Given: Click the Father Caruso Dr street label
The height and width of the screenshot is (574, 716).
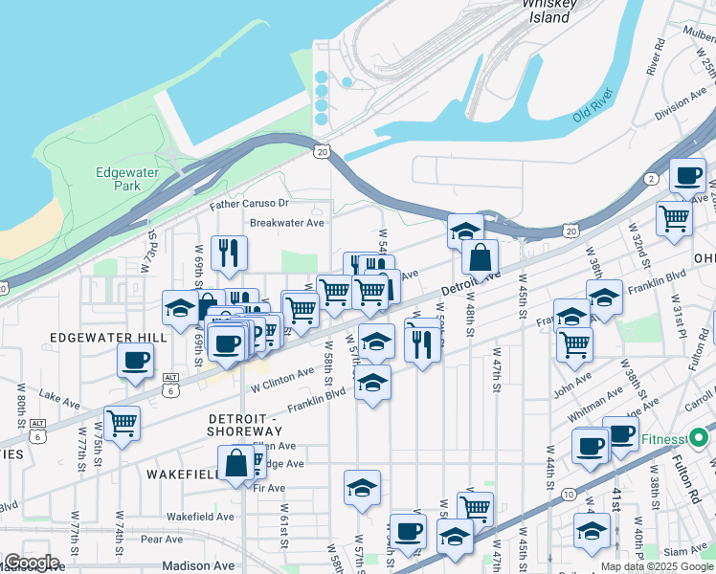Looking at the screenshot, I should click(x=250, y=204).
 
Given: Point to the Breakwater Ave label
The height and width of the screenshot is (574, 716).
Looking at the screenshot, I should click(x=287, y=223).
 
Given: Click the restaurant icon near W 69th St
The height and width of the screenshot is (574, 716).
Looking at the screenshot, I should click(x=228, y=253).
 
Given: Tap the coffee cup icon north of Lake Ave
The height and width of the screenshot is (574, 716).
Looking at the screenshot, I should click(x=135, y=360).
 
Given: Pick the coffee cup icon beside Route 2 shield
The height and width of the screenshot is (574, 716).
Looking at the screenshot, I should click(x=687, y=176).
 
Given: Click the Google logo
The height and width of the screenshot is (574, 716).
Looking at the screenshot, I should click(x=32, y=563).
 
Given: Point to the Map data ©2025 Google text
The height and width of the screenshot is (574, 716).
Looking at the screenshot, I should click(x=657, y=566).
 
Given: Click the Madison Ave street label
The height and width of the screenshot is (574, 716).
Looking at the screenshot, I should click(x=199, y=565).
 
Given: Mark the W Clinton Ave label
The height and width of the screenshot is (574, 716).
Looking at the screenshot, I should click(x=282, y=381).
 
